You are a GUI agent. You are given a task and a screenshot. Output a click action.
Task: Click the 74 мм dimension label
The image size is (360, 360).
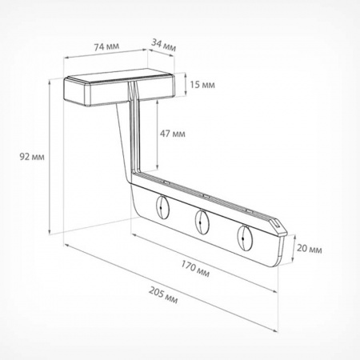[106, 46]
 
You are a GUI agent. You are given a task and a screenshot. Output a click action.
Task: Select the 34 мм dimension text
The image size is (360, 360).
[164, 45]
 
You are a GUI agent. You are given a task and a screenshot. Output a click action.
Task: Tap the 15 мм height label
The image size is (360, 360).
[202, 85]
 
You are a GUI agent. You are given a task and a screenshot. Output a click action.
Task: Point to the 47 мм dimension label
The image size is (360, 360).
[172, 134]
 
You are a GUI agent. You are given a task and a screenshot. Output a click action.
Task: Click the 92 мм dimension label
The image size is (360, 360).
[32, 157]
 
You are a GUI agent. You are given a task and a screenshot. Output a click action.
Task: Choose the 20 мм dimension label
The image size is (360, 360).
[310, 249]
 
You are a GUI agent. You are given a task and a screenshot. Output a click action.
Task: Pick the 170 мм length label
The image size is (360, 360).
[195, 269]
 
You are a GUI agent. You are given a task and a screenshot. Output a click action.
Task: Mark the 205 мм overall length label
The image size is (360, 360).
[163, 295]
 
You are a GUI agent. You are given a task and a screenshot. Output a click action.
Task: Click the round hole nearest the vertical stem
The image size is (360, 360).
[162, 207]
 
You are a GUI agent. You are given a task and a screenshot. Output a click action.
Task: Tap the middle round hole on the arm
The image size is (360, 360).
[202, 222]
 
